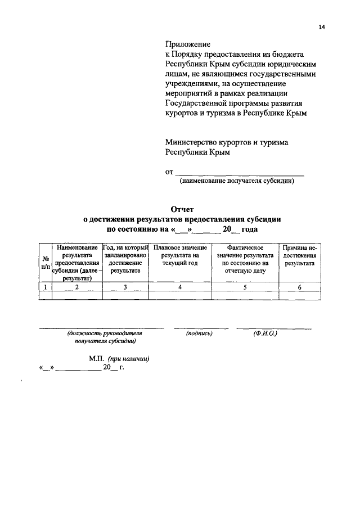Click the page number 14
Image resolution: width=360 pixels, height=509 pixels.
click(x=321, y=26)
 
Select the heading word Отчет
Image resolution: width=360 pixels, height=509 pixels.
click(x=181, y=209)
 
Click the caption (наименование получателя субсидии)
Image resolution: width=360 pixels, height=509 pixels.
click(x=237, y=181)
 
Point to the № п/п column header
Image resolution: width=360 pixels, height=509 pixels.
click(x=45, y=263)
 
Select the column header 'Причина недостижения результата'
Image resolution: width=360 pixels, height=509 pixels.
click(x=299, y=255)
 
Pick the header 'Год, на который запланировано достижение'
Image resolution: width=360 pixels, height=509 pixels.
click(x=125, y=259)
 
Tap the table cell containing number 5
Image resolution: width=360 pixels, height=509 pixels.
click(x=245, y=287)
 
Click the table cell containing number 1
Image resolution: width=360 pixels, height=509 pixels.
click(x=45, y=287)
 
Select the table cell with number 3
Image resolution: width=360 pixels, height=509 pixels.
click(x=125, y=287)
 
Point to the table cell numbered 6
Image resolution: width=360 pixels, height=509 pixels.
click(x=299, y=287)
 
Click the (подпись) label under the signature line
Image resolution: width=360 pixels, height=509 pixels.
click(x=199, y=334)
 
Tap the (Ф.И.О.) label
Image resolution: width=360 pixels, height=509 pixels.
click(x=265, y=334)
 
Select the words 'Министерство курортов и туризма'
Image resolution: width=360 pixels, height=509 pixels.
click(x=227, y=142)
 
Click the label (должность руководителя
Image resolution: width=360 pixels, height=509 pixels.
click(x=101, y=334)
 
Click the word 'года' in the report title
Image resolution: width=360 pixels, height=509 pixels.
click(x=250, y=229)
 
